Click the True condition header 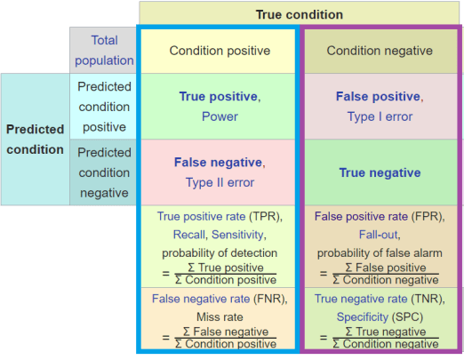coord(299,14)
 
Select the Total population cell coord(104,51)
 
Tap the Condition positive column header coord(219,51)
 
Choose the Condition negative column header coord(379,51)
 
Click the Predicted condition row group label coord(36,139)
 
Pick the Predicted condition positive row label coord(104,106)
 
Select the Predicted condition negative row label coord(104,172)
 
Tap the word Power coord(219,116)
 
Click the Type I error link coord(379,116)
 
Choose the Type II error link coord(219,183)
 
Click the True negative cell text coord(379,172)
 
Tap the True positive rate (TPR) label coord(219,216)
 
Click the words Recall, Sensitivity coord(219,234)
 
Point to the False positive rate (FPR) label coord(379,216)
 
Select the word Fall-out coord(379,234)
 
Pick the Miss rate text coord(219,316)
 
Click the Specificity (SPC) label coord(379,316)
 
